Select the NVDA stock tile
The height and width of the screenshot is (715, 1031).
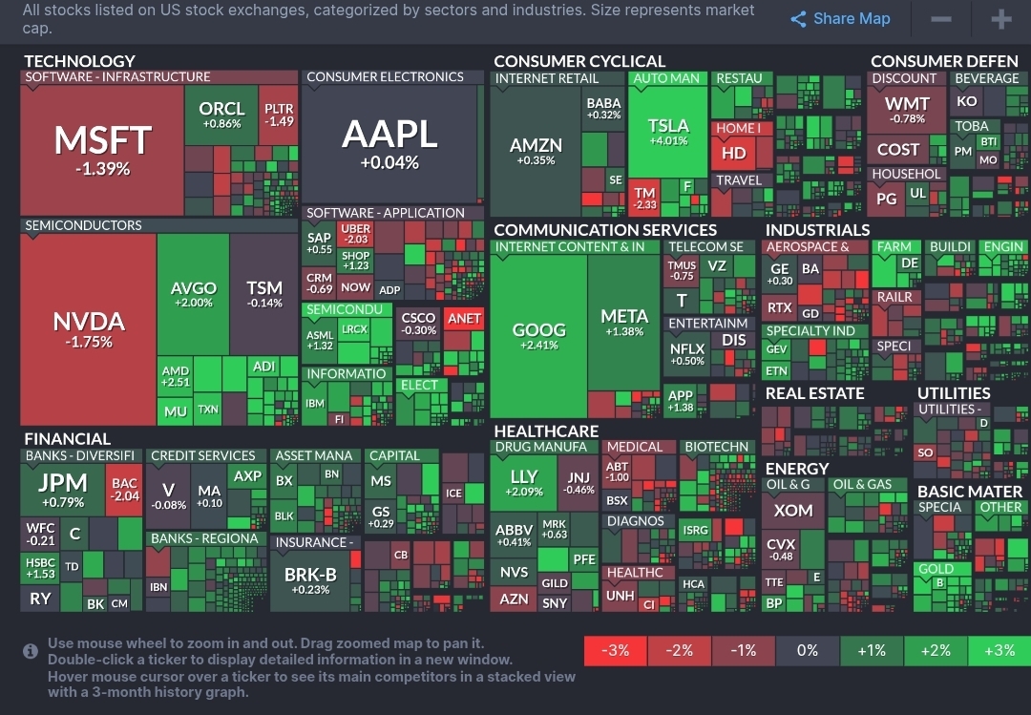(89, 328)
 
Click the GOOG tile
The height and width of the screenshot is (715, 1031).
(539, 335)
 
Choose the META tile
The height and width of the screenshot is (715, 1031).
(624, 323)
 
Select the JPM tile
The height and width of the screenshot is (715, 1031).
(62, 489)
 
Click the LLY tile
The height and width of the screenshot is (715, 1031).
(524, 483)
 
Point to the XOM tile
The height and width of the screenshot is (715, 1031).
(793, 511)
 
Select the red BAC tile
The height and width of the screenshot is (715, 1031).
(125, 490)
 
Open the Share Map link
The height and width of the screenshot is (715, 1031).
(840, 19)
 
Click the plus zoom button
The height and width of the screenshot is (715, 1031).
(1000, 19)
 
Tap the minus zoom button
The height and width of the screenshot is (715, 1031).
(940, 19)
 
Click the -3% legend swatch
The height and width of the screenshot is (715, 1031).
(616, 650)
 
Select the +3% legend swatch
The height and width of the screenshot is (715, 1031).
(999, 650)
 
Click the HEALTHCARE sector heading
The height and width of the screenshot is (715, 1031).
(546, 431)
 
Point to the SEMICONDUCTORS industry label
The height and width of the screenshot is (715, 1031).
(83, 226)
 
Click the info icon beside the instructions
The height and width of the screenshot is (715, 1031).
(31, 651)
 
